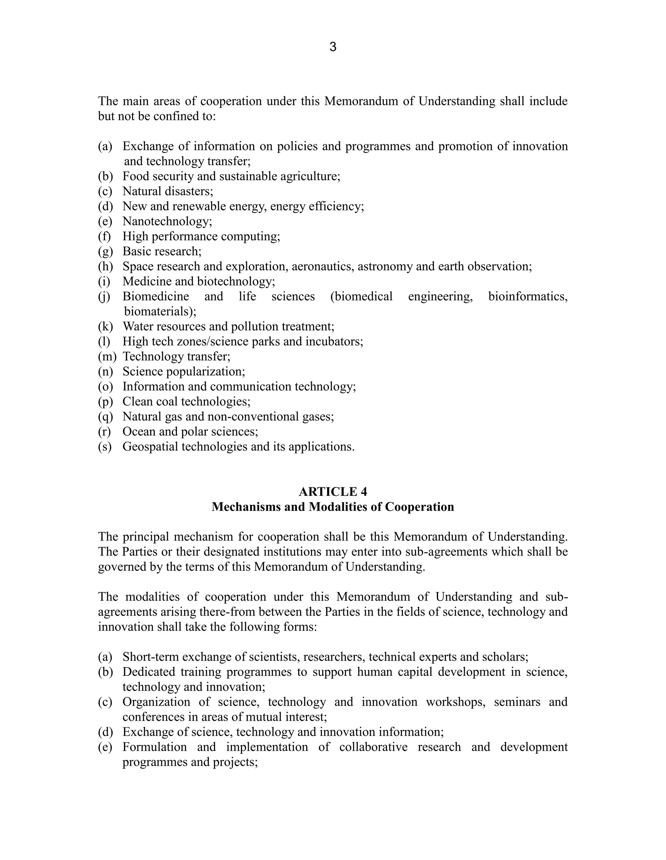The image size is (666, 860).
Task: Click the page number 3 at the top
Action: click(333, 47)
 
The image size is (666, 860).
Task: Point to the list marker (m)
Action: click(107, 356)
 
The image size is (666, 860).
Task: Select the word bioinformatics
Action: click(528, 297)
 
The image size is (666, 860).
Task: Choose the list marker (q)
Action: click(105, 417)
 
